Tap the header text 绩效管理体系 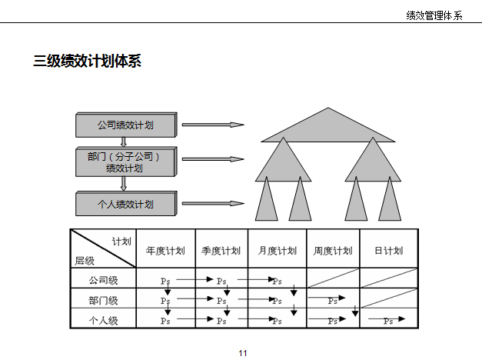click(434, 15)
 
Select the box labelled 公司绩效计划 click(125, 125)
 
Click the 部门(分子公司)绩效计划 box click(125, 162)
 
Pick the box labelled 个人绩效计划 click(125, 205)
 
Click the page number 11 click(243, 352)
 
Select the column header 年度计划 click(165, 251)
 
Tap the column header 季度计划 click(221, 251)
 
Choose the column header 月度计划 click(278, 251)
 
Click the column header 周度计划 click(333, 251)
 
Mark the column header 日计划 click(388, 251)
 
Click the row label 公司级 click(103, 280)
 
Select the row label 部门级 click(103, 300)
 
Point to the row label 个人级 click(103, 320)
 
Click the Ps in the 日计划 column click(389, 321)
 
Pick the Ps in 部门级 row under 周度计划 click(332, 301)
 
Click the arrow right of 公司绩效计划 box click(213, 125)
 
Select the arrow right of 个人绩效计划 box click(213, 205)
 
